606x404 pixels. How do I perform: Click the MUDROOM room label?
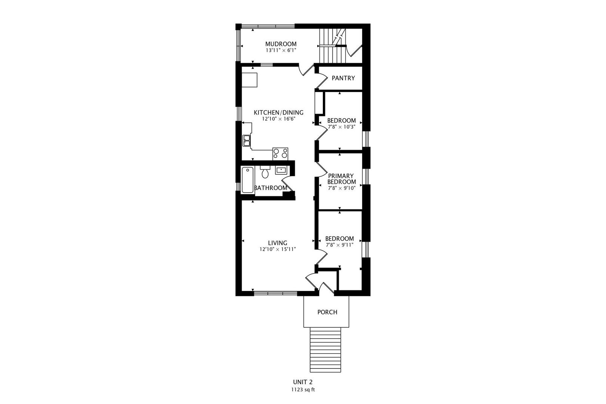pos(281,44)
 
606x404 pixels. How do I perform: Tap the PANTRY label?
pos(343,78)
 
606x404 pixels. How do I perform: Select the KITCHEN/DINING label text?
pos(279,113)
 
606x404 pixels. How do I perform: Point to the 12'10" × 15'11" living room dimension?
pos(278,249)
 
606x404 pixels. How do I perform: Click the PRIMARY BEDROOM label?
pos(342,179)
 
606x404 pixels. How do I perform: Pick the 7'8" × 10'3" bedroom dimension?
pos(342,127)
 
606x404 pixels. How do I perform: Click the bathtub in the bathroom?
pos(248,180)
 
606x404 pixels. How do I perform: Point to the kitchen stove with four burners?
pos(280,154)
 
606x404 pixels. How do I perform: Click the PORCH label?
pos(327,312)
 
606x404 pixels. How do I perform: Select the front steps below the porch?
pos(325,350)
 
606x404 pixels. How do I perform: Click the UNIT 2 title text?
pos(303,382)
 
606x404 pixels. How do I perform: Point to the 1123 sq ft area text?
pos(303,390)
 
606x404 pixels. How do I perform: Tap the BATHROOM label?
pos(271,188)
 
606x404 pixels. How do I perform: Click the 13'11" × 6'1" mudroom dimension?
pos(281,50)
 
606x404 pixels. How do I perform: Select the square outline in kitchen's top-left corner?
pos(250,80)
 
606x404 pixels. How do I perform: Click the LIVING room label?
pos(278,243)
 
